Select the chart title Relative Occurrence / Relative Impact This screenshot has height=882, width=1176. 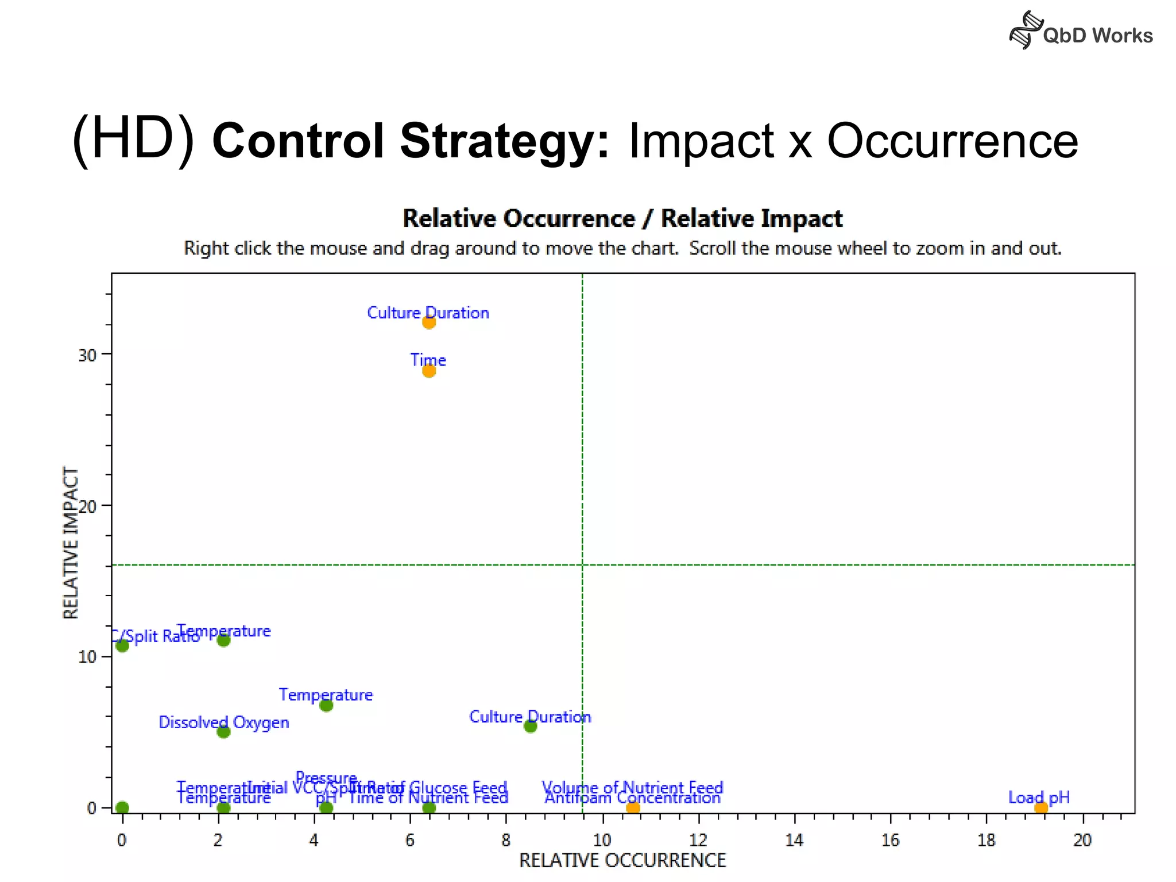coord(622,219)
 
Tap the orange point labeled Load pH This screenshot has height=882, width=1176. coord(1040,808)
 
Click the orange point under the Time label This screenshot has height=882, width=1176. coord(429,371)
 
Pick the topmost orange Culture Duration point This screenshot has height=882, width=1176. coord(429,322)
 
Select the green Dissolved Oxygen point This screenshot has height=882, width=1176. coord(224,732)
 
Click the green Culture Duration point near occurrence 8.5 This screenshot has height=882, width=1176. coord(531,726)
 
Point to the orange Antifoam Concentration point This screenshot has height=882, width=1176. coord(633,808)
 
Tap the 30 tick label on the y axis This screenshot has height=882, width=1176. coord(87,355)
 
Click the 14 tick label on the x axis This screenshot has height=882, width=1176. coord(794,841)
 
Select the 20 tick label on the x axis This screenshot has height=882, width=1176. coord(1082,841)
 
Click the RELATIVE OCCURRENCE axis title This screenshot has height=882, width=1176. coord(622,861)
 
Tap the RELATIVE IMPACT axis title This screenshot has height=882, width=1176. coord(70,543)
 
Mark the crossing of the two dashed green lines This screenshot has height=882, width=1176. coord(582,565)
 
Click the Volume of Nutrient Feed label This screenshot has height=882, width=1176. coord(632,787)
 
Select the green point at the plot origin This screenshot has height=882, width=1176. coord(122,808)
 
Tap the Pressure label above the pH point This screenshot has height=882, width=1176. coord(326,778)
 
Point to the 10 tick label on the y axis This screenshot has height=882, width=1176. coord(87,657)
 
